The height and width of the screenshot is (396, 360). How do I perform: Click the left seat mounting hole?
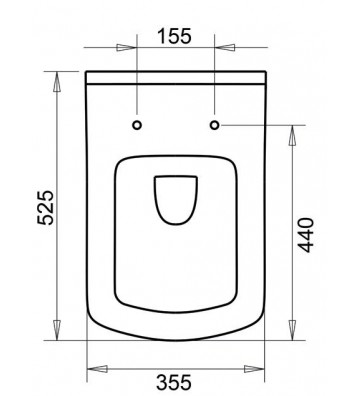coord(138,125)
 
